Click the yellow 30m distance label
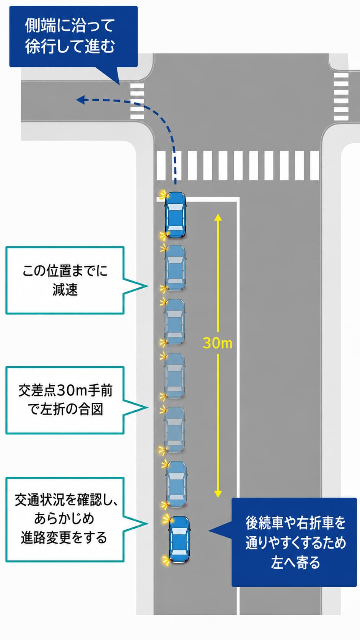tap(218, 343)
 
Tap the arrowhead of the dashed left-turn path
tap(80, 100)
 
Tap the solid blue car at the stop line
tap(176, 215)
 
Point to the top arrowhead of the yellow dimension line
tap(218, 217)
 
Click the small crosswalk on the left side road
tap(137, 101)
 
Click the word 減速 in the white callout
tap(65, 290)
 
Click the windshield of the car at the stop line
tap(175, 208)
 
